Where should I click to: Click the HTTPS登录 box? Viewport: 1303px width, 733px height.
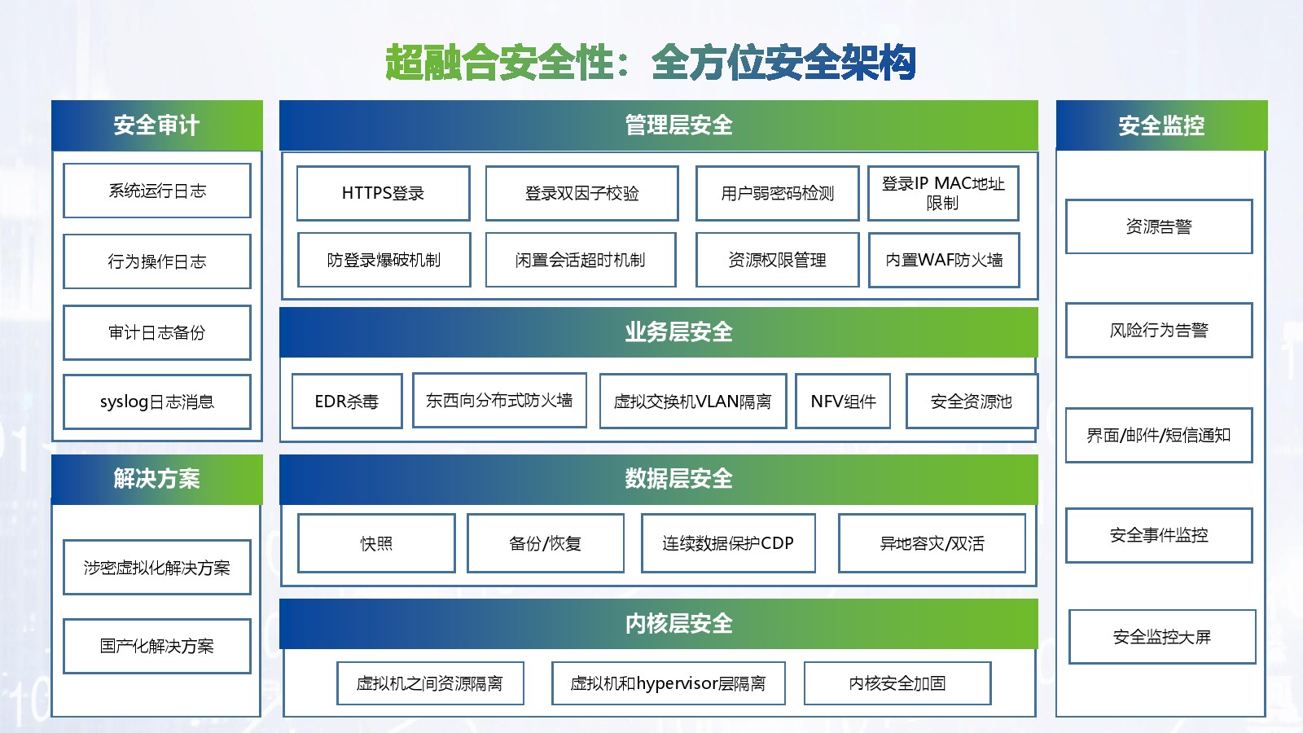click(x=383, y=193)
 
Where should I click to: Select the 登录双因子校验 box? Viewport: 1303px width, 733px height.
click(x=581, y=193)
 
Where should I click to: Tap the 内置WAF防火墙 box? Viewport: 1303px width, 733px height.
click(x=944, y=260)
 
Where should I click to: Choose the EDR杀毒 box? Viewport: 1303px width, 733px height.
click(x=347, y=401)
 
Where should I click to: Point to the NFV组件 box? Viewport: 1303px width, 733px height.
click(x=843, y=401)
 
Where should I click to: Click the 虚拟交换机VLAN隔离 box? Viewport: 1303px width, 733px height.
click(x=692, y=401)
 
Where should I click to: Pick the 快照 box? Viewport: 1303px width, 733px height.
click(x=376, y=543)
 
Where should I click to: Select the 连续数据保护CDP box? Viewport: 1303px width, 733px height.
click(x=728, y=543)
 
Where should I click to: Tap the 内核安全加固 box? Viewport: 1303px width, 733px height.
click(x=897, y=683)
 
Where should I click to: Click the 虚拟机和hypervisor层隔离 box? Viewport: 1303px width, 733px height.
click(x=668, y=683)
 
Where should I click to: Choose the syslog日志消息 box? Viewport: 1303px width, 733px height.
click(x=157, y=402)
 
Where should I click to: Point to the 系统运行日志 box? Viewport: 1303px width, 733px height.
click(x=157, y=191)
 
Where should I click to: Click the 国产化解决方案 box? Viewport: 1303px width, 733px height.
click(x=157, y=646)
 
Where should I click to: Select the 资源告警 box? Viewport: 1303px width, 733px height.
click(x=1159, y=226)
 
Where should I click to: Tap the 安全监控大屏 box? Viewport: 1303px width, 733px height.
click(x=1162, y=637)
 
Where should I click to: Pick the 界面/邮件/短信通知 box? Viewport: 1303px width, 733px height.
click(x=1159, y=435)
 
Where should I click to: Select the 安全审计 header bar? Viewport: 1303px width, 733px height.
click(x=157, y=125)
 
